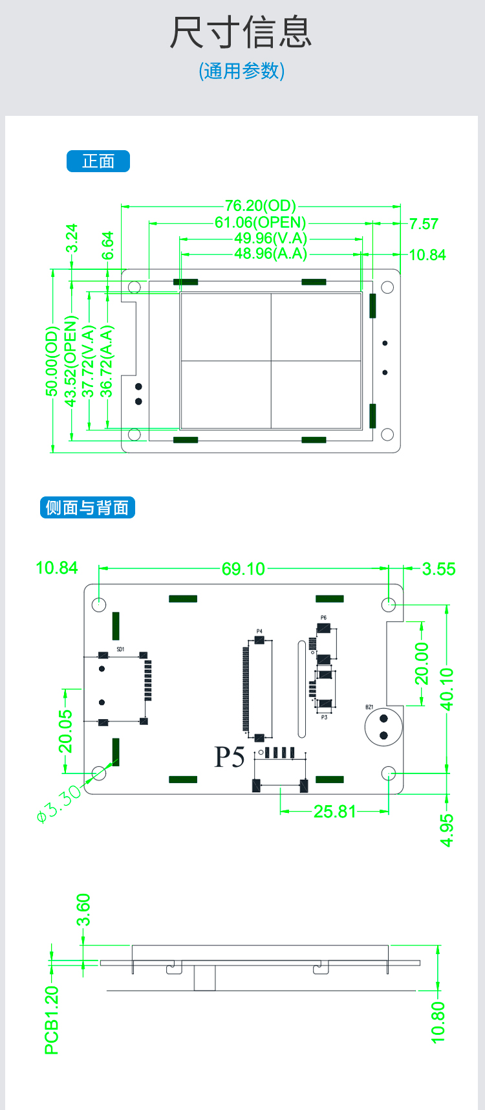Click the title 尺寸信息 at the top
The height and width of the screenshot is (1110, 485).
point(241,32)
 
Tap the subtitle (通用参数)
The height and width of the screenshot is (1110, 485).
point(242,71)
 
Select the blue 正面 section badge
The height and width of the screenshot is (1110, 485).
point(98,161)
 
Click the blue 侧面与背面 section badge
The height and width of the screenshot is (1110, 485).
point(87,507)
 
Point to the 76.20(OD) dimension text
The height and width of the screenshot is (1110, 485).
point(260,206)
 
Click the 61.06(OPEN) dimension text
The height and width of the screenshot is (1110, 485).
point(260,223)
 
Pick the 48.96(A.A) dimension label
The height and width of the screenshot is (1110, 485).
point(270,254)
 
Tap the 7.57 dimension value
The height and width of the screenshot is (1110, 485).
point(424,224)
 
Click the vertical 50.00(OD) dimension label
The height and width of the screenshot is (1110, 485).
point(52,361)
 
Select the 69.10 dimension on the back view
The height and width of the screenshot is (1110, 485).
point(243,569)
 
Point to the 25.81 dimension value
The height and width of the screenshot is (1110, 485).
point(334,812)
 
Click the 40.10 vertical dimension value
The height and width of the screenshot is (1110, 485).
point(447,689)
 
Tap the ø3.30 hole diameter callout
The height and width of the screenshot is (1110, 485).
point(59,803)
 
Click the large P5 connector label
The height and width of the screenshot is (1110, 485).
point(230,757)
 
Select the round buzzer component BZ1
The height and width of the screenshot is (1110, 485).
point(383,727)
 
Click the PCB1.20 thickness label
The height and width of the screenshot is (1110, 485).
point(52,1020)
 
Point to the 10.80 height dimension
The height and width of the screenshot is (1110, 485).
point(438,1023)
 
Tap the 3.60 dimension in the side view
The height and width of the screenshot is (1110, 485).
point(83,910)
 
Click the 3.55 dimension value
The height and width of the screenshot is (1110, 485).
point(438,569)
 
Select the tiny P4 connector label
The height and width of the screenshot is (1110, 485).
point(259,631)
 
